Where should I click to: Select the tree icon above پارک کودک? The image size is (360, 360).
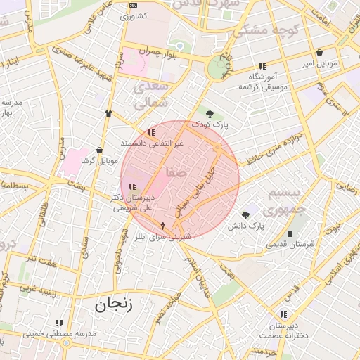[210, 114]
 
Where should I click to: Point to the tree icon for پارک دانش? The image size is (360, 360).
[245, 215]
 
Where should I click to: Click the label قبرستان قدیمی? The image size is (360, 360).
[289, 244]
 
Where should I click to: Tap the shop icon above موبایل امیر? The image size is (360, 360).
[320, 52]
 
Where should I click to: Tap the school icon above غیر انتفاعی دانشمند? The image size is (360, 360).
[151, 131]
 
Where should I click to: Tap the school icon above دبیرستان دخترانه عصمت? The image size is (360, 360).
[283, 314]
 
